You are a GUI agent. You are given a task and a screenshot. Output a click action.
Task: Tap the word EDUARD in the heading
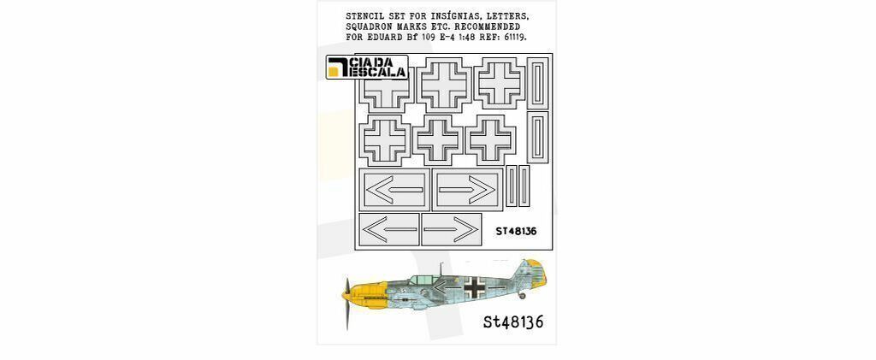click(x=394, y=37)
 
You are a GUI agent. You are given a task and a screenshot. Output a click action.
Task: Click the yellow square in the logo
click(x=334, y=72)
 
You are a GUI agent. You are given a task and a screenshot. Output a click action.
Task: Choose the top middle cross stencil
click(x=444, y=84)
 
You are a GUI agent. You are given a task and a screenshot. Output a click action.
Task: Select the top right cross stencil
click(x=500, y=83)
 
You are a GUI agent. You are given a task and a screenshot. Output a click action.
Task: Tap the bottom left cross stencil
click(x=384, y=139)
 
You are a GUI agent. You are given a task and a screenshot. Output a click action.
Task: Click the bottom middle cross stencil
click(x=437, y=139)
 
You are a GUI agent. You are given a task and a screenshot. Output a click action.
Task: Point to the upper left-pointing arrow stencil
click(x=394, y=190)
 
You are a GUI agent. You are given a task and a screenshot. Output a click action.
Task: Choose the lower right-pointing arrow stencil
click(x=452, y=229)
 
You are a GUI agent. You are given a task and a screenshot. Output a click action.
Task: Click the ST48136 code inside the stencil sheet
click(x=516, y=231)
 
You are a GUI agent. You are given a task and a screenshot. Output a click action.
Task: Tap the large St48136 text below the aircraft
click(x=513, y=322)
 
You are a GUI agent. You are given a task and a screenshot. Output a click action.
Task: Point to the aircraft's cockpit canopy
click(x=423, y=280)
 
